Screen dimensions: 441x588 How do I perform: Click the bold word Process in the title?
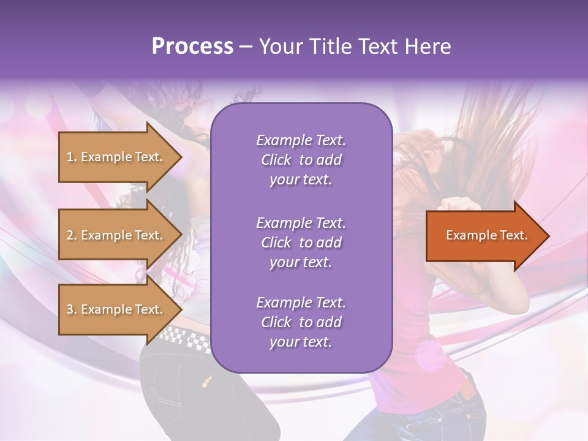pyautogui.click(x=192, y=47)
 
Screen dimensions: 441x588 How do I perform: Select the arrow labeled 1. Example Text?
pyautogui.click(x=116, y=157)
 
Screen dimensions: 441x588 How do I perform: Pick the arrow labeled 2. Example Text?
pyautogui.click(x=116, y=235)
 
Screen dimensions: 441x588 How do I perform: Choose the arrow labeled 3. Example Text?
pyautogui.click(x=116, y=309)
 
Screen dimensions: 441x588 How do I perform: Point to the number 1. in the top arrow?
pyautogui.click(x=72, y=157)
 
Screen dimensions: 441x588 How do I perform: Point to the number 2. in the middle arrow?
pyautogui.click(x=72, y=235)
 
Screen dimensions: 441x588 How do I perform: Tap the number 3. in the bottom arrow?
pyautogui.click(x=72, y=310)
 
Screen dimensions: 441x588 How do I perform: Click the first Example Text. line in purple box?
pyautogui.click(x=301, y=140)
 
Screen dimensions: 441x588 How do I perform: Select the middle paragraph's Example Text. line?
pyautogui.click(x=301, y=222)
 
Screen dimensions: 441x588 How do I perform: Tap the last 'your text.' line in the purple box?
pyautogui.click(x=301, y=342)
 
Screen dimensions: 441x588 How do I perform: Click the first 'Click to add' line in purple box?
pyautogui.click(x=301, y=160)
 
